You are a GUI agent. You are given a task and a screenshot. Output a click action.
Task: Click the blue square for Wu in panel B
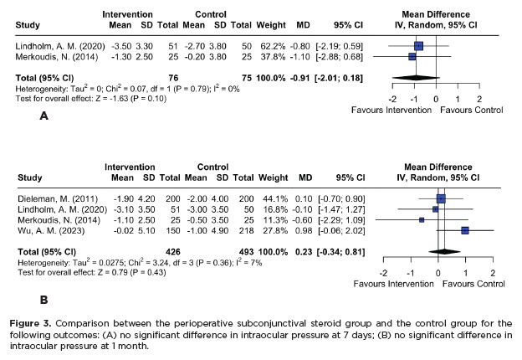tap(465, 230)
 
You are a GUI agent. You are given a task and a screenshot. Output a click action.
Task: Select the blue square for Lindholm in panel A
tap(418, 45)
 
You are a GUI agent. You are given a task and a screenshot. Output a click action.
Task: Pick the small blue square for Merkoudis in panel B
tap(422, 219)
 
